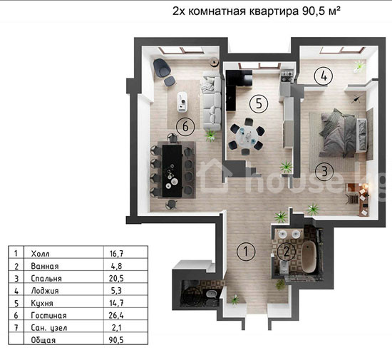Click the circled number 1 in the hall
246,252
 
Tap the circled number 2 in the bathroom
287,252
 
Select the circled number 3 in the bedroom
324,172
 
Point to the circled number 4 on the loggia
324,76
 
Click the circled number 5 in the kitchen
259,103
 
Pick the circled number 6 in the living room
185,126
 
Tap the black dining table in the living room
172,171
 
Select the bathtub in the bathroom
309,257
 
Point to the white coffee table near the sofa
182,102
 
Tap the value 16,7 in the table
116,254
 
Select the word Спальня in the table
46,278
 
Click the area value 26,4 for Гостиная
116,315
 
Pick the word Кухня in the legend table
42,303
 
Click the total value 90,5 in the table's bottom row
116,340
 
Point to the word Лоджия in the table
45,291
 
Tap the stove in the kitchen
287,76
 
